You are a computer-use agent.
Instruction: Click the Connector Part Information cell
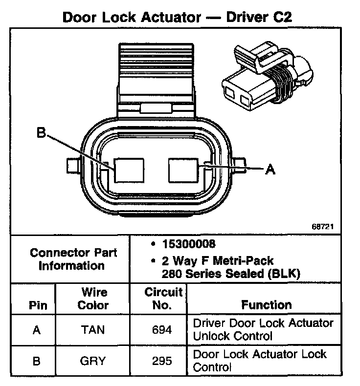[73, 259]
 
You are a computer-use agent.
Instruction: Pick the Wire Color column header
[93, 299]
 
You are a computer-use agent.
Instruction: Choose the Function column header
[266, 305]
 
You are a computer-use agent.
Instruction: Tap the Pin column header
[38, 305]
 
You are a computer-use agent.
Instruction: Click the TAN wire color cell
[93, 330]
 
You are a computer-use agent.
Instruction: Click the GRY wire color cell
[93, 361]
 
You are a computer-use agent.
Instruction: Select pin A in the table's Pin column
[37, 330]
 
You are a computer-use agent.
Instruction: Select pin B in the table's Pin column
[37, 361]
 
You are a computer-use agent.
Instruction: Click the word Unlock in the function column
[209, 336]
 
